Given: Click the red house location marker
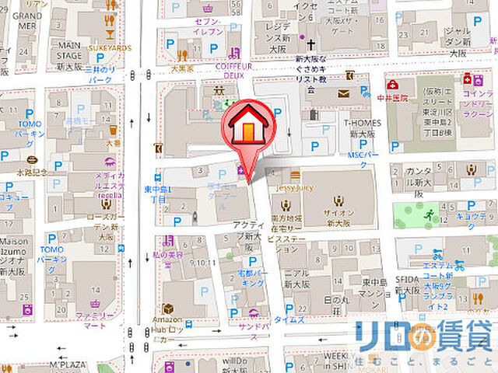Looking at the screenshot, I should (x=248, y=124).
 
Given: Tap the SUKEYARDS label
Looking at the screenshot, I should (x=109, y=47).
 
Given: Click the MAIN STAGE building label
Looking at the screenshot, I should (x=71, y=50).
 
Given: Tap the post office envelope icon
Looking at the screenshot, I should (x=344, y=93).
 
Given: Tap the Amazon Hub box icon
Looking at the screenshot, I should (x=167, y=309).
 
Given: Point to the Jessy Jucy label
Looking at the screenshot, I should (x=295, y=186).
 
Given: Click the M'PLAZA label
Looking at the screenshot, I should (x=68, y=365).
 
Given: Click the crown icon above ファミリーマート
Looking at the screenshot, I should (x=95, y=303).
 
